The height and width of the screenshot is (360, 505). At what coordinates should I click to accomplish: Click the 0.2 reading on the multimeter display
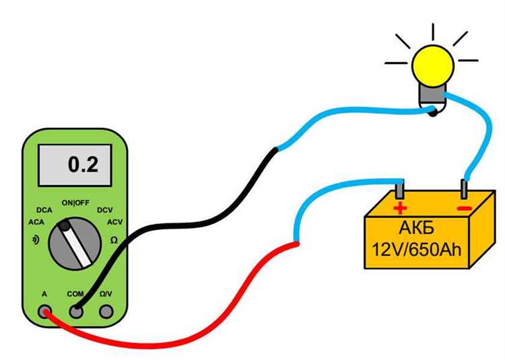83,164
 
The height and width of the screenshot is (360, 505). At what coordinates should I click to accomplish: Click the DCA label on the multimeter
45,210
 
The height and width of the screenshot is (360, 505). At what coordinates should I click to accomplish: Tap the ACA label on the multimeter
36,222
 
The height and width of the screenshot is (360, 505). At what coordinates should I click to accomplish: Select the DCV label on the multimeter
105,210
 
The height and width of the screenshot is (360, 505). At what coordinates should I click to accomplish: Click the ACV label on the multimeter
114,222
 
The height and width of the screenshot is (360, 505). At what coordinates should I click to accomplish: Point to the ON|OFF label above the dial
75,203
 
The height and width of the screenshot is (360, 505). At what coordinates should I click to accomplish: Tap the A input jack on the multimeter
45,311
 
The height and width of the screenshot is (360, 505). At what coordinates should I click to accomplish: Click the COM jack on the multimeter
76,311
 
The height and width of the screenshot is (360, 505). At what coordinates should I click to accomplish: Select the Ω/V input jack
106,311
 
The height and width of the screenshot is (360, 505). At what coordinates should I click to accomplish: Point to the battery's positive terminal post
401,188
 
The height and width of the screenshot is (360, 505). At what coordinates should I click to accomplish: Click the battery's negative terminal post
464,189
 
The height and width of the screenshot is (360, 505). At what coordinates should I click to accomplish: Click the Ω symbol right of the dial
114,239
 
